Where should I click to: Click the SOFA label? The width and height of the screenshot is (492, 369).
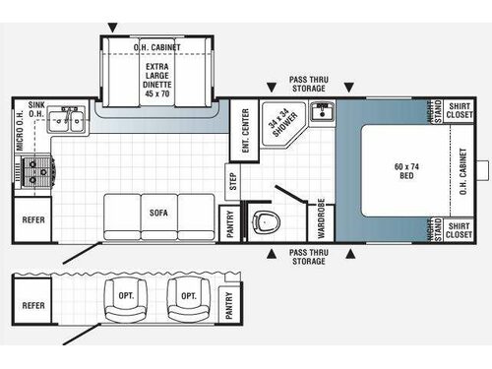coord(158,213)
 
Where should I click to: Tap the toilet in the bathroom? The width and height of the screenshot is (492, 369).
coord(263,223)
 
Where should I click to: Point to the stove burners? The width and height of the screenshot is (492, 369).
coord(38,171)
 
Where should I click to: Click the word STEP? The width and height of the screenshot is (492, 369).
coord(233,181)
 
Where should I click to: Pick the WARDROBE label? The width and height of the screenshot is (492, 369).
coord(321,217)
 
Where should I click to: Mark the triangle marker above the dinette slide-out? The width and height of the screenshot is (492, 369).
coord(113,27)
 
